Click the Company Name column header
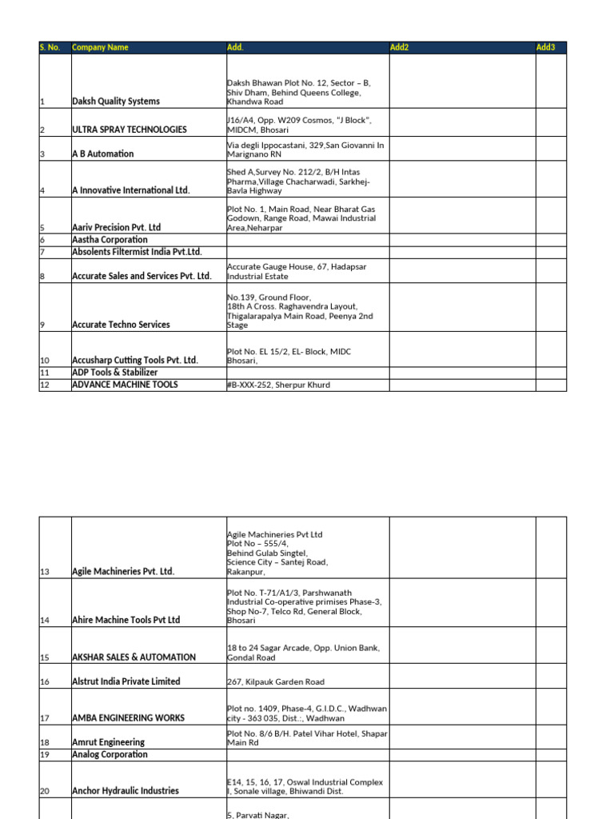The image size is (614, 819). pyautogui.click(x=100, y=48)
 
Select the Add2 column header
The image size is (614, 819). pyautogui.click(x=400, y=48)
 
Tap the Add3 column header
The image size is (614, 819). pyautogui.click(x=545, y=48)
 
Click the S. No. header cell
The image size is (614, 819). pyautogui.click(x=50, y=48)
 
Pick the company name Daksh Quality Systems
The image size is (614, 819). pyautogui.click(x=116, y=102)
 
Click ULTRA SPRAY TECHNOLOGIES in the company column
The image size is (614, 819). pyautogui.click(x=130, y=130)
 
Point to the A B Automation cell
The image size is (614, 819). pyautogui.click(x=103, y=154)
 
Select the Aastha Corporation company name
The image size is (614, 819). pyautogui.click(x=110, y=240)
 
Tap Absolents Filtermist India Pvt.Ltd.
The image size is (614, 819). pyautogui.click(x=137, y=252)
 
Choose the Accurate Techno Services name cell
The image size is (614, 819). pyautogui.click(x=121, y=325)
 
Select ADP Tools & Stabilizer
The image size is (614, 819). pyautogui.click(x=115, y=373)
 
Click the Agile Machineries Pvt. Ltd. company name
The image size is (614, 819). pyautogui.click(x=123, y=572)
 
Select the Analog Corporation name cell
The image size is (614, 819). pyautogui.click(x=110, y=754)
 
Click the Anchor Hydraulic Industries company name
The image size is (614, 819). pyautogui.click(x=126, y=791)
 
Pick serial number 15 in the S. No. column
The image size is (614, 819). pyautogui.click(x=44, y=657)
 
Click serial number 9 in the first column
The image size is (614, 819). pyautogui.click(x=42, y=325)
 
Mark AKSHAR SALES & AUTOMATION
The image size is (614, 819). pyautogui.click(x=134, y=657)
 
